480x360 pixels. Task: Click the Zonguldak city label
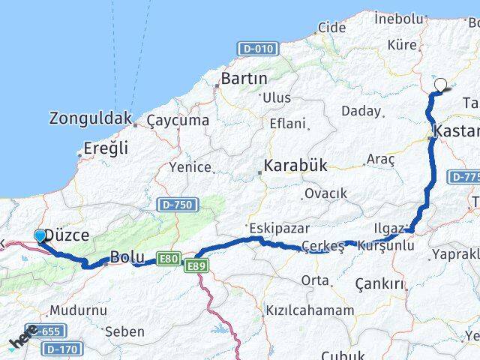click(91, 118)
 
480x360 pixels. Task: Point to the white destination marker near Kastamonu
click(440, 85)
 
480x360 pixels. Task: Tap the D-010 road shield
click(257, 48)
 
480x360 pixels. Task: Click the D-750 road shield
click(176, 204)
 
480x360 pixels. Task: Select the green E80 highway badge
click(169, 259)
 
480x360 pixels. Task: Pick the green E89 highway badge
click(196, 265)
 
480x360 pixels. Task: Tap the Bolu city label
click(122, 256)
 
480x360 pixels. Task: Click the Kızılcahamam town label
click(310, 310)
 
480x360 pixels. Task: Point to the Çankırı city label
click(379, 284)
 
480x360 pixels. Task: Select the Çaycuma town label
click(178, 120)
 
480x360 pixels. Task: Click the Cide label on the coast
click(332, 28)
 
